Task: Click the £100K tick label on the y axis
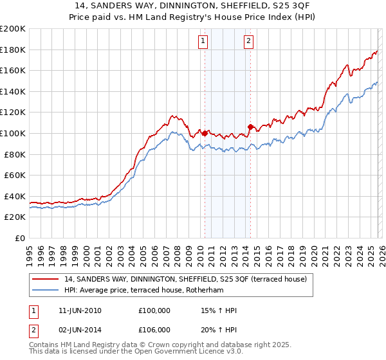(13, 133)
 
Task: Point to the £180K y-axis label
(13, 50)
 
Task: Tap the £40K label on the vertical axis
(15, 196)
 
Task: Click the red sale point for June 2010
(205, 133)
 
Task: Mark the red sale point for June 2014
(250, 127)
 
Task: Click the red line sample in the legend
(46, 279)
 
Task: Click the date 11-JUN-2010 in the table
(79, 310)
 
